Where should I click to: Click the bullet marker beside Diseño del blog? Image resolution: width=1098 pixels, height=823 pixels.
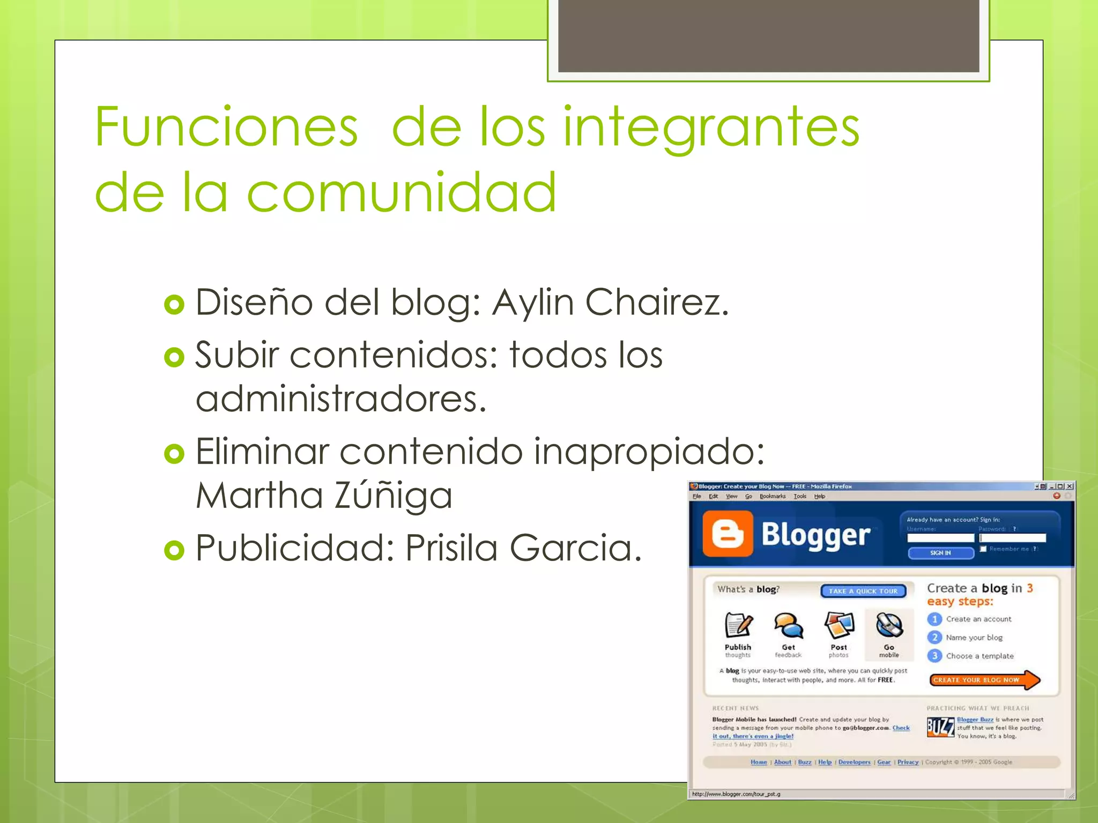pos(174,304)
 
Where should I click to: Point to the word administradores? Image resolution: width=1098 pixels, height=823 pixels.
pos(341,399)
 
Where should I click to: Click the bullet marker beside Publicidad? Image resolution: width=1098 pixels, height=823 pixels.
pos(174,550)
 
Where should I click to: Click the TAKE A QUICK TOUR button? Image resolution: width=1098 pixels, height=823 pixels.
pos(863,591)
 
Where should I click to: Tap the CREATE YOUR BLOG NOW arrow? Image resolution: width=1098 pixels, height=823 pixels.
pos(983,680)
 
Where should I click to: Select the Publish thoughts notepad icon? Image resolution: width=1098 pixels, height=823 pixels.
pos(738,625)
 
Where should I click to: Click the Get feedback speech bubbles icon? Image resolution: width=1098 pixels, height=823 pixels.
pos(788,625)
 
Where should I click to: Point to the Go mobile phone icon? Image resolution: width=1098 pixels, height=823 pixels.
pos(889,625)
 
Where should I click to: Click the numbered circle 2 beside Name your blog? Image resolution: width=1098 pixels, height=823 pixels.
pos(934,638)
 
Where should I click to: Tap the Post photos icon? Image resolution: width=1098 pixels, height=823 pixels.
pos(839,625)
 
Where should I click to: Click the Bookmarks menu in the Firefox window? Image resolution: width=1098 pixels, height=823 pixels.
pos(772,496)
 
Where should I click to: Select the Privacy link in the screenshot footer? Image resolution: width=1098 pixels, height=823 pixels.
pos(908,762)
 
